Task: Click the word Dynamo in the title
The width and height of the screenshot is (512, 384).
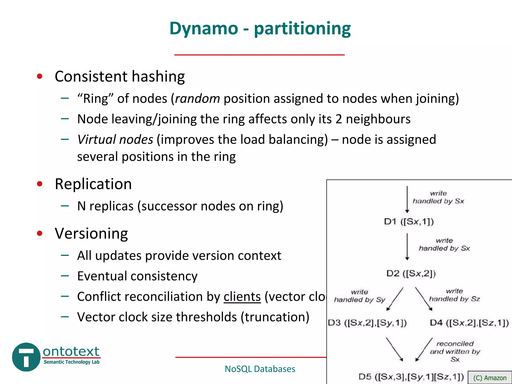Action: pyautogui.click(x=204, y=29)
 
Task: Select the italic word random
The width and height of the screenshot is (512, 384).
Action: pyautogui.click(x=197, y=98)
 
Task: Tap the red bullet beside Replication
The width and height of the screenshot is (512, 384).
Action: pyautogui.click(x=39, y=184)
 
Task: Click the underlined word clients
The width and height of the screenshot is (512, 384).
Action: pyautogui.click(x=242, y=297)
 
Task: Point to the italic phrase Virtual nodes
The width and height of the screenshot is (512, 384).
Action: pyautogui.click(x=115, y=139)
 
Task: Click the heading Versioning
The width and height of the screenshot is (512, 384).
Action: pyautogui.click(x=91, y=233)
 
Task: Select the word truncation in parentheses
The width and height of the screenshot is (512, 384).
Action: pyautogui.click(x=275, y=317)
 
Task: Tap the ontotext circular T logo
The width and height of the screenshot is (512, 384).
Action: pyautogui.click(x=26, y=357)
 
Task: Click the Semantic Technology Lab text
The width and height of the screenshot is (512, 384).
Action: pyautogui.click(x=71, y=362)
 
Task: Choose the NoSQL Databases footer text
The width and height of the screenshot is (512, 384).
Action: pyautogui.click(x=260, y=369)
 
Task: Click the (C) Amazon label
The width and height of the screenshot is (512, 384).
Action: pyautogui.click(x=490, y=378)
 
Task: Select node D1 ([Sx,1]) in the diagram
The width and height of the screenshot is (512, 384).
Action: pyautogui.click(x=409, y=221)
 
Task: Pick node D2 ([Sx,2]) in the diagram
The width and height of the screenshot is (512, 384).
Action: pyautogui.click(x=411, y=273)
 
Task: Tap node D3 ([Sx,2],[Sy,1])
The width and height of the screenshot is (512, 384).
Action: pyautogui.click(x=367, y=323)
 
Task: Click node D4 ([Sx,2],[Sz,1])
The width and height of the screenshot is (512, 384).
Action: pyautogui.click(x=469, y=323)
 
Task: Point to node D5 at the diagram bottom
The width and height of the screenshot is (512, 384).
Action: pyautogui.click(x=411, y=377)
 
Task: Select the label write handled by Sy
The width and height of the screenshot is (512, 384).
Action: pyautogui.click(x=359, y=296)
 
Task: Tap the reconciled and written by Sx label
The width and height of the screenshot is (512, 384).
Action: pyautogui.click(x=455, y=351)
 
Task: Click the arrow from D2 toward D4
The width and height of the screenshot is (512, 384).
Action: pyautogui.click(x=424, y=299)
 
